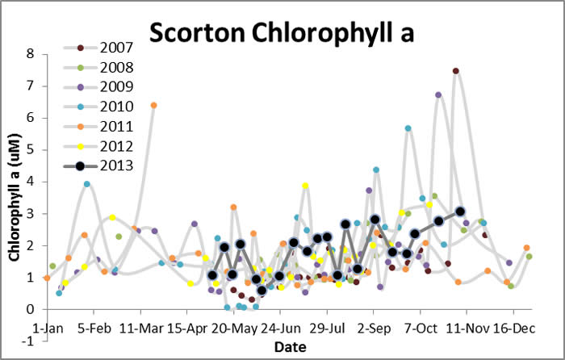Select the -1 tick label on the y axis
click(27, 341)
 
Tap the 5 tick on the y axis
click(30, 150)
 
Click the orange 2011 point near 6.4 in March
click(153, 106)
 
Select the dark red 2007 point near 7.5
click(456, 71)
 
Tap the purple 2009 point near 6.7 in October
click(438, 95)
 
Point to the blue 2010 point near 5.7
click(408, 128)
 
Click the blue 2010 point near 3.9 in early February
click(87, 184)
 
